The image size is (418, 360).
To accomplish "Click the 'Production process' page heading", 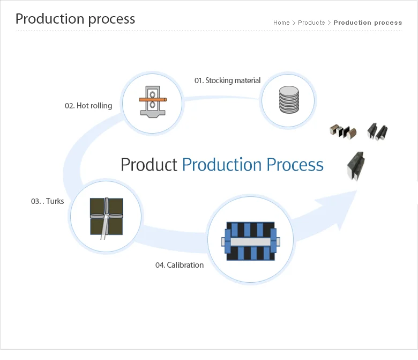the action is [75, 19].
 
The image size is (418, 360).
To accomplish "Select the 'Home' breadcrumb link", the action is [281, 23].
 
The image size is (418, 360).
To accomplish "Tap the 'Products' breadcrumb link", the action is [311, 23].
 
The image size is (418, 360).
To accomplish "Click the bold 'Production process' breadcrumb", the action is [368, 23].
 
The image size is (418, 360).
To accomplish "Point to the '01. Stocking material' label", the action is [227, 80].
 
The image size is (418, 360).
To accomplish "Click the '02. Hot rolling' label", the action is [88, 106].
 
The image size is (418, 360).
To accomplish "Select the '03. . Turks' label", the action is [48, 201].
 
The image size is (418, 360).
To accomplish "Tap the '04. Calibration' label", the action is [180, 265].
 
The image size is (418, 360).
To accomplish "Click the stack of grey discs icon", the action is [289, 100].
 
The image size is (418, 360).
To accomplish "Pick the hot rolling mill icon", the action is [153, 102].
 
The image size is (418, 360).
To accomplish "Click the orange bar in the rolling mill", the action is [153, 100].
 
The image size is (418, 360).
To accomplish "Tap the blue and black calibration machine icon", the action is [251, 241].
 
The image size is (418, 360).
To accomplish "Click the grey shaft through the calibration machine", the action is [251, 242].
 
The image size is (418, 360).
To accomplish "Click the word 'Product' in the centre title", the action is [149, 164].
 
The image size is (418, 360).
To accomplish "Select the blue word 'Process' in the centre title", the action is [295, 164].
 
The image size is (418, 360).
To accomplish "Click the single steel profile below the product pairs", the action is [356, 166].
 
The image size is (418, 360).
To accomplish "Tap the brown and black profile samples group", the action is [343, 131].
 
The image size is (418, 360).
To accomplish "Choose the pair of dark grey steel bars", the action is [377, 131].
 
